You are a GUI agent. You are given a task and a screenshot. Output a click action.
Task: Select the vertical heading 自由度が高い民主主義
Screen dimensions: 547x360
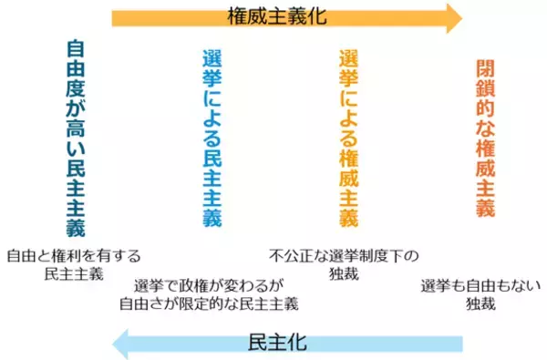click(x=77, y=138)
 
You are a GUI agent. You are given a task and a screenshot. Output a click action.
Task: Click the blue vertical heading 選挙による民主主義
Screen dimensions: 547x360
click(x=211, y=138)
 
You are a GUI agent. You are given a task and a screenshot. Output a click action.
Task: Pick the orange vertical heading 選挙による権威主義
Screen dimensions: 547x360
click(x=347, y=138)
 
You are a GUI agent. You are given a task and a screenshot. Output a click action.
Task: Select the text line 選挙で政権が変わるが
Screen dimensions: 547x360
click(x=210, y=284)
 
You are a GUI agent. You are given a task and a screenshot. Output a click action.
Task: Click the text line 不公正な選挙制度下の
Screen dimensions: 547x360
click(x=344, y=256)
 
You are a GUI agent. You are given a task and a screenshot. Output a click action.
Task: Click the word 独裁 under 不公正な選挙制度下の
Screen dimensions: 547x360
click(x=344, y=273)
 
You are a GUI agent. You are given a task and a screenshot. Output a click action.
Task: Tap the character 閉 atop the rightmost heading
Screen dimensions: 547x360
click(x=485, y=70)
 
